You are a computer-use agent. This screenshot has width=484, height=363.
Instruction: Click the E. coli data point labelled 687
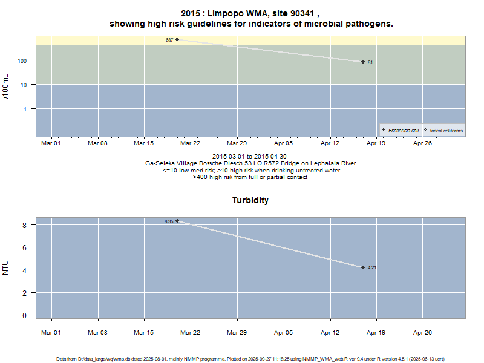tap(177, 39)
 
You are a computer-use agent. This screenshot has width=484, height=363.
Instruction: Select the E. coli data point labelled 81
tap(363, 62)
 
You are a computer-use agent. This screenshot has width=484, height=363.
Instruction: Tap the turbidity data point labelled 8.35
tap(177, 221)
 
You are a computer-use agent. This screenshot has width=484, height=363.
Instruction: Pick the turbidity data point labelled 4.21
tap(363, 267)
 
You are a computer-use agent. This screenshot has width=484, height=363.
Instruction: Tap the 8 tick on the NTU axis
tap(25, 225)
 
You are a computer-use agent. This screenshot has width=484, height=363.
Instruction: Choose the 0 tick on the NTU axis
tap(25, 315)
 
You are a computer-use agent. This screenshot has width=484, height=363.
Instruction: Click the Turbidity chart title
tap(250, 200)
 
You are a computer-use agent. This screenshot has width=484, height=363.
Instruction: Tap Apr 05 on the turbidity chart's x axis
tap(283, 332)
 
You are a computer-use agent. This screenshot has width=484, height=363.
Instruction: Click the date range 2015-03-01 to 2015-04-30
tap(250, 157)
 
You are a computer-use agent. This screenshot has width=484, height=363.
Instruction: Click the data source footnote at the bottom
tap(250, 359)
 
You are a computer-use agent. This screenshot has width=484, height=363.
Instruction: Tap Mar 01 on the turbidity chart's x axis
tap(51, 332)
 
